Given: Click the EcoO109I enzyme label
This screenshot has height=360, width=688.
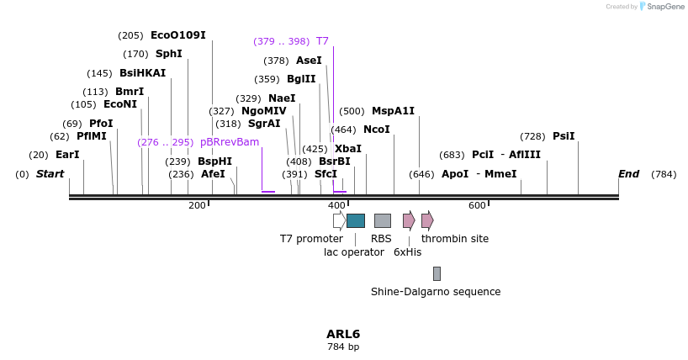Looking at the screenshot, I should tap(177, 35).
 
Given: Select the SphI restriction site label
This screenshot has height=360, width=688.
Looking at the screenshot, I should tap(168, 54).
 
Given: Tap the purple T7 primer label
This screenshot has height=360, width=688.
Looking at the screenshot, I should tap(322, 40).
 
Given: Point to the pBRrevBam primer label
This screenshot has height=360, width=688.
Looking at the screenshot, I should tap(230, 142).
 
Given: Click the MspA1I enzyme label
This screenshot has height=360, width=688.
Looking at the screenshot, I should tap(393, 111).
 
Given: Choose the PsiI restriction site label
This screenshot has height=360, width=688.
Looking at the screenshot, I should tap(564, 136).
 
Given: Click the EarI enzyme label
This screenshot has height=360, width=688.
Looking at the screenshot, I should tap(67, 155).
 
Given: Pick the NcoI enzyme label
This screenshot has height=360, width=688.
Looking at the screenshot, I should tap(376, 130).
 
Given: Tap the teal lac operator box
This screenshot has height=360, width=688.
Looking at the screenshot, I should tap(356, 220).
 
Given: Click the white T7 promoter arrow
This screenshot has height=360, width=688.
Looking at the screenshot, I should tap(339, 220).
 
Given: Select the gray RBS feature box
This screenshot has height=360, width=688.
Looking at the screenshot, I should tap(382, 220).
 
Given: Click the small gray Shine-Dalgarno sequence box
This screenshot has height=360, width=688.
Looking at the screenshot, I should tap(437, 273).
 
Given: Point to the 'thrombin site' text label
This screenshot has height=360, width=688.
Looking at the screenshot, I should tap(455, 239).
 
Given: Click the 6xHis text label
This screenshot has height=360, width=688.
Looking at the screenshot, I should tap(408, 251).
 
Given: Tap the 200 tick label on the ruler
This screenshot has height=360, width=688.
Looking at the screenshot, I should tap(197, 206).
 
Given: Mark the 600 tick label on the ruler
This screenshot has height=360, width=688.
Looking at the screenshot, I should tap(477, 206).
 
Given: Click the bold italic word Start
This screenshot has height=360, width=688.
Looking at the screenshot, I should tap(50, 174).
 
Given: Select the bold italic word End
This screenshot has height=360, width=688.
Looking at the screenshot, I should tap(628, 174).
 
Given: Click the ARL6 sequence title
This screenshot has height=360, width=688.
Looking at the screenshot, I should tap(343, 334).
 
